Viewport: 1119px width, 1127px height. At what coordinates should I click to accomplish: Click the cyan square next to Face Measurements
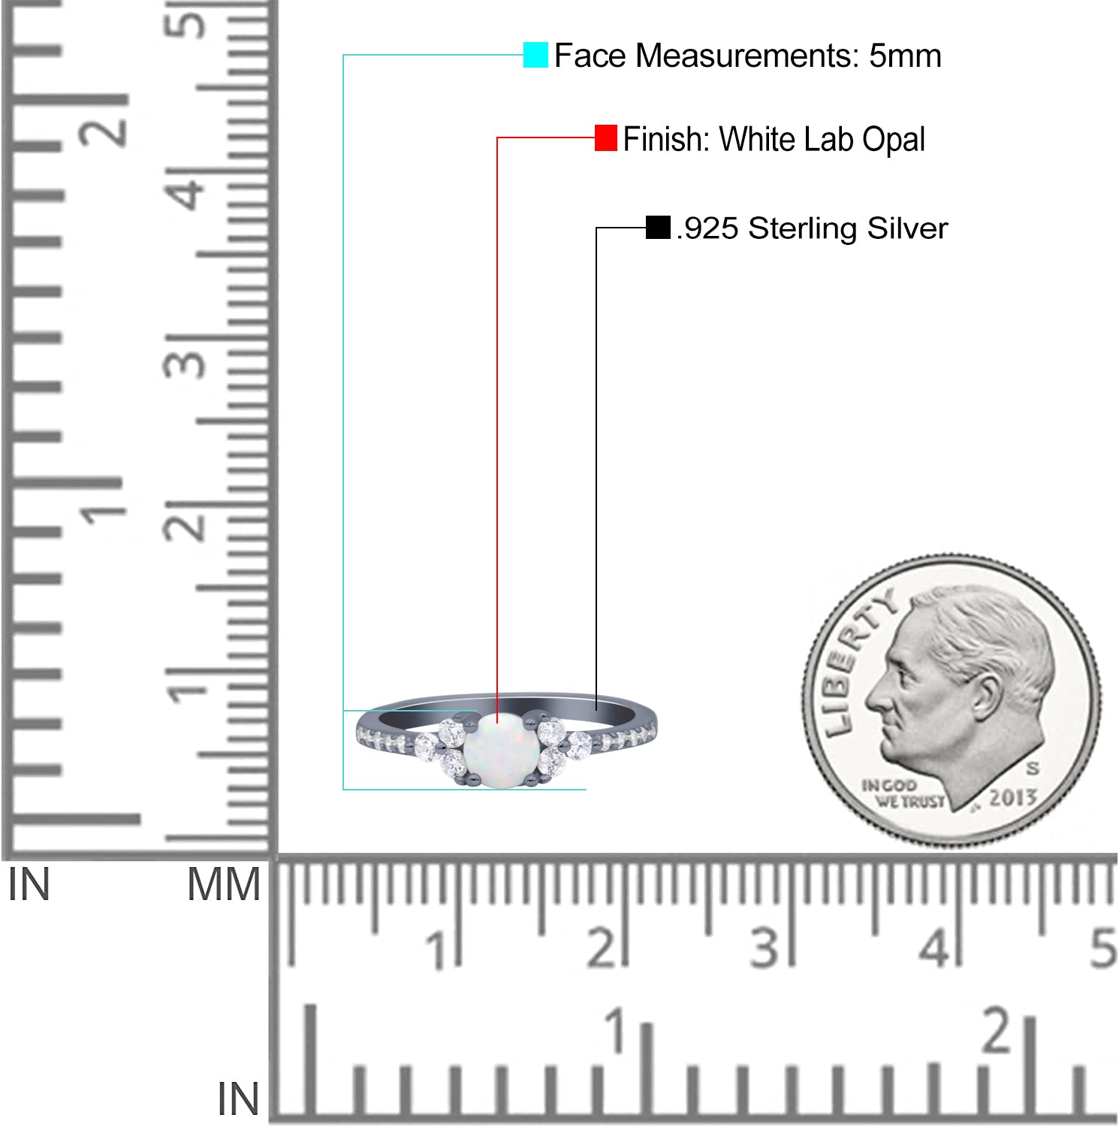pyautogui.click(x=535, y=55)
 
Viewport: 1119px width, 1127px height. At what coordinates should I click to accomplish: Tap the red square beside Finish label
pyautogui.click(x=606, y=137)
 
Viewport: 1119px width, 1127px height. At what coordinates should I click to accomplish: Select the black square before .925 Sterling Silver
pyautogui.click(x=658, y=227)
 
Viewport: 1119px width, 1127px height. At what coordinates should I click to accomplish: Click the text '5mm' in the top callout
pyautogui.click(x=905, y=56)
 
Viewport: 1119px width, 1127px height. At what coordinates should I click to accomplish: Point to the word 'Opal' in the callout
pyautogui.click(x=893, y=140)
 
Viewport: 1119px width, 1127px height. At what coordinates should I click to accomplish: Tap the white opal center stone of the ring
pyautogui.click(x=498, y=751)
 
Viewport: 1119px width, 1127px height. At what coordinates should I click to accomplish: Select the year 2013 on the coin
pyautogui.click(x=1012, y=798)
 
